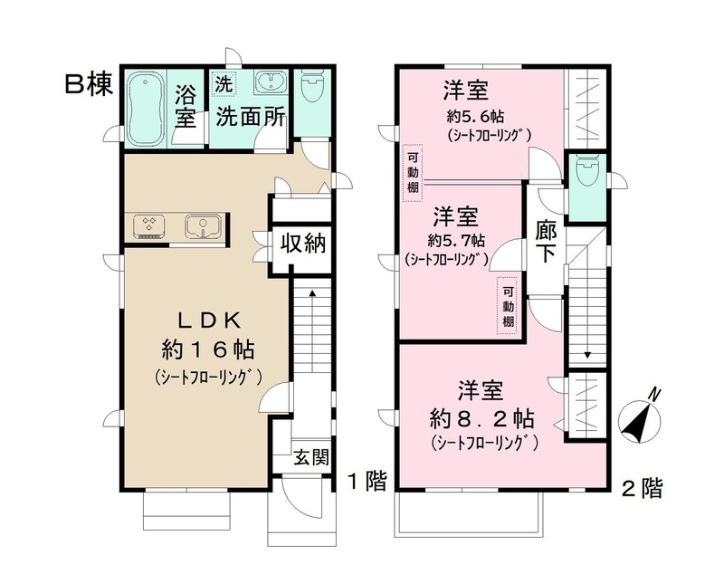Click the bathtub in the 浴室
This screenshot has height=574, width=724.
145,108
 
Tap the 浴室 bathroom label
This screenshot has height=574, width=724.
186,105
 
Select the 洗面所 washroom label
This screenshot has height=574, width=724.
246,118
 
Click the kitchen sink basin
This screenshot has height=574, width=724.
201,225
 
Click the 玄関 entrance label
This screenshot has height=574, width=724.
310,458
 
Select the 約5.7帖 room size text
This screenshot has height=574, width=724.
452,241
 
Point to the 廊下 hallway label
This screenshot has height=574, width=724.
547,240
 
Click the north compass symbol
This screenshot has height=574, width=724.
642,417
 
